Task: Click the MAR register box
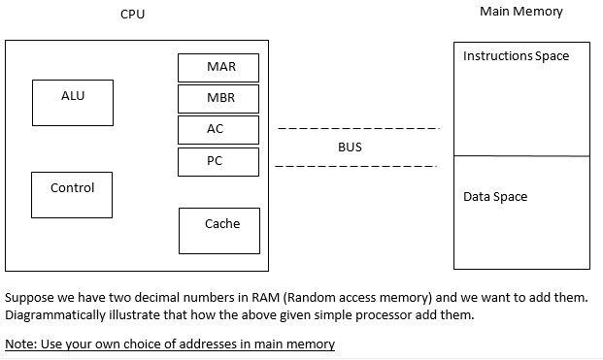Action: pyautogui.click(x=218, y=67)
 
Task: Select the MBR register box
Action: pyautogui.click(x=218, y=98)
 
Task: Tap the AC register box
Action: pyautogui.click(x=218, y=129)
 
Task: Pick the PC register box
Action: pyautogui.click(x=218, y=161)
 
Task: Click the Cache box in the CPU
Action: pyautogui.click(x=220, y=230)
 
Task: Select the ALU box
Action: pyautogui.click(x=73, y=103)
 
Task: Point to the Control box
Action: pyautogui.click(x=72, y=195)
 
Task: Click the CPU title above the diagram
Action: pyautogui.click(x=133, y=15)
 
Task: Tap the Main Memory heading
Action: pyautogui.click(x=521, y=13)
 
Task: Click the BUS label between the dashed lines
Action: pyautogui.click(x=350, y=147)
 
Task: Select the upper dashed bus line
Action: pyautogui.click(x=358, y=129)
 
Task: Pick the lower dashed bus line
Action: pyautogui.click(x=355, y=167)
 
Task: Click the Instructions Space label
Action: pyautogui.click(x=516, y=56)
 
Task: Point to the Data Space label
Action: pyautogui.click(x=495, y=197)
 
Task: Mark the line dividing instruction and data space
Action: pyautogui.click(x=521, y=155)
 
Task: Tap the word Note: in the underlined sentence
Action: pyautogui.click(x=21, y=344)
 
